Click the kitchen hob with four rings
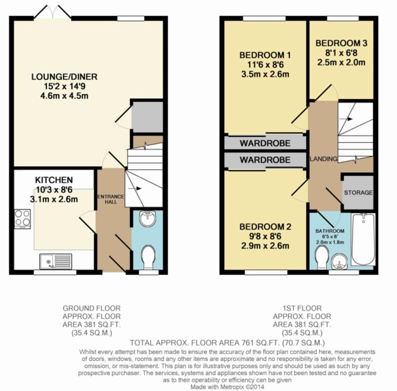(22, 219)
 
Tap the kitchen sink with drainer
(56, 261)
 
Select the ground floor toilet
(148, 257)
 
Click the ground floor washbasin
(148, 219)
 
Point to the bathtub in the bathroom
(363, 239)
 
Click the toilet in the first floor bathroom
(322, 258)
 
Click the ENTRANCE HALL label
(111, 199)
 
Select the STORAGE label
(359, 192)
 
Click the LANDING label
(324, 159)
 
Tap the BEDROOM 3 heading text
(341, 43)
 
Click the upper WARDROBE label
(265, 144)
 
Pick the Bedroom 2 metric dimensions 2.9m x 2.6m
(265, 246)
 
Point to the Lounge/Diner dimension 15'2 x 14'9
(65, 86)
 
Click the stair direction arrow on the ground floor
(135, 188)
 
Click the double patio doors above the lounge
(53, 12)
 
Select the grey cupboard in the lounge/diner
(148, 117)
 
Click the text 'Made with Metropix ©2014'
(227, 387)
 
